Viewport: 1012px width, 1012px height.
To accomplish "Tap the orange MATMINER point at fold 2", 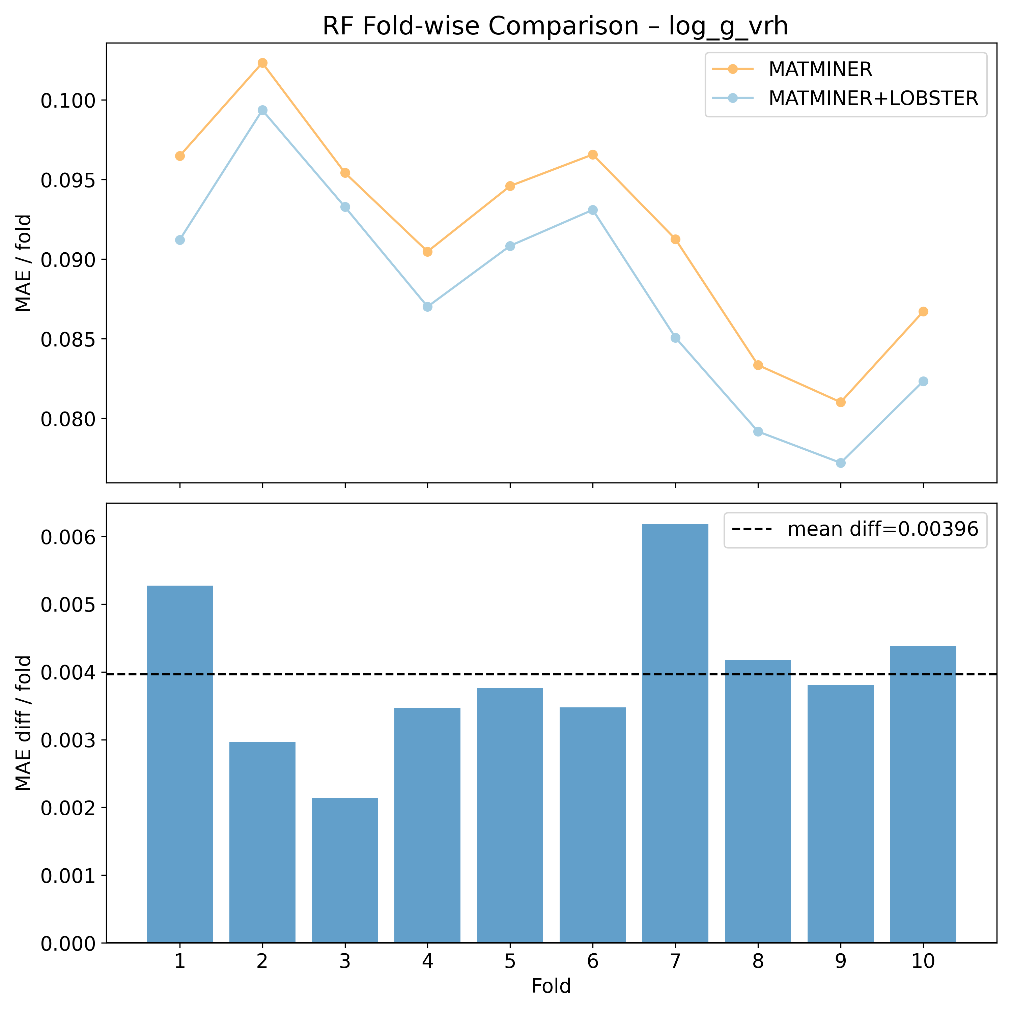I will (x=262, y=63).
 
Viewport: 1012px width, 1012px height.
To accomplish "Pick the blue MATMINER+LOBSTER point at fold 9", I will (x=841, y=463).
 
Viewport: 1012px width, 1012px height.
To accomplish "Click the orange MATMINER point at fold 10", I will (x=924, y=312).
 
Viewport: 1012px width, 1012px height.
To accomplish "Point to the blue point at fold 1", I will (x=180, y=240).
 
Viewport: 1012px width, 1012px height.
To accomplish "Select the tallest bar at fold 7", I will (x=675, y=733).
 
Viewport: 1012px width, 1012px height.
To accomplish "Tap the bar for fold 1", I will (x=180, y=765).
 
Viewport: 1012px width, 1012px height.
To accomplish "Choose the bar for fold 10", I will (x=924, y=796).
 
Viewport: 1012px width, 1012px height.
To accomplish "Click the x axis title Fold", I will (x=551, y=986).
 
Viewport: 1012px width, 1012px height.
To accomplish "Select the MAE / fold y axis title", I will (x=24, y=263).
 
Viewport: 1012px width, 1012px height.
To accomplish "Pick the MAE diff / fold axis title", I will (x=24, y=723).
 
